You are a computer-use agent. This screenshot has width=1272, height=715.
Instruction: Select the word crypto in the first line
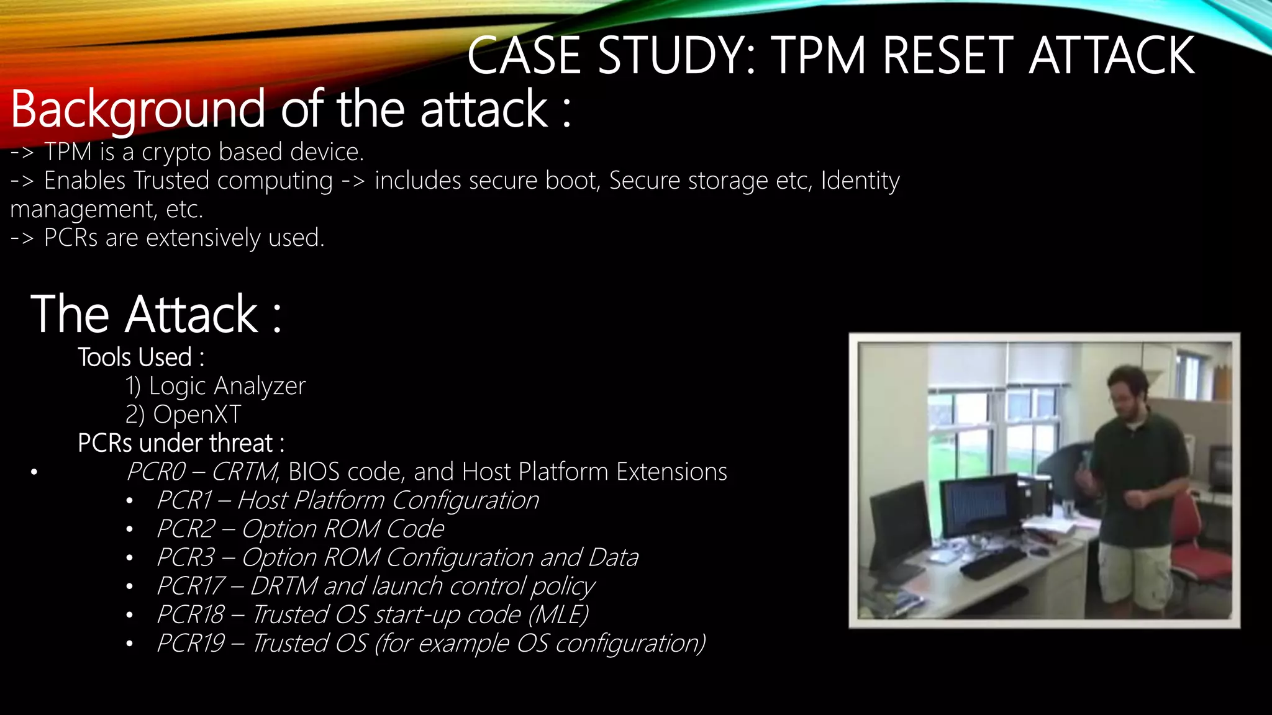176,152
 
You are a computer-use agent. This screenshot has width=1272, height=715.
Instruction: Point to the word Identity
860,181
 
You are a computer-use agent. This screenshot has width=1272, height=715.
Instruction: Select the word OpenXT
197,415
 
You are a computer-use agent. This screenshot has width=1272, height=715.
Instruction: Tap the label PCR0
156,472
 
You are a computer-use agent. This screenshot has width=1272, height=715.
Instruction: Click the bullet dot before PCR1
129,501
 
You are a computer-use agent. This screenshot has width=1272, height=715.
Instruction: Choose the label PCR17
191,586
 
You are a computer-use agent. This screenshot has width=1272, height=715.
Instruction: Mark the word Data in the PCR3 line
613,557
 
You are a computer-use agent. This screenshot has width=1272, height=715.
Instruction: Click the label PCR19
191,643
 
